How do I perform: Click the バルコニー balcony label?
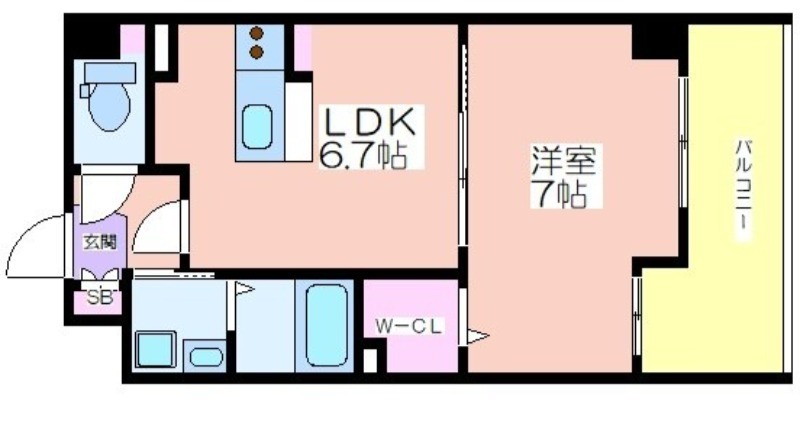coord(742,190)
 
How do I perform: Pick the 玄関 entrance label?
coord(99,241)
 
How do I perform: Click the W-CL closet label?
coord(408,325)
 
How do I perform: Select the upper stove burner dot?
coord(255,32)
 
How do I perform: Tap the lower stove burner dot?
coord(255,49)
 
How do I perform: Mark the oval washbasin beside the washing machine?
coord(205,355)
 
